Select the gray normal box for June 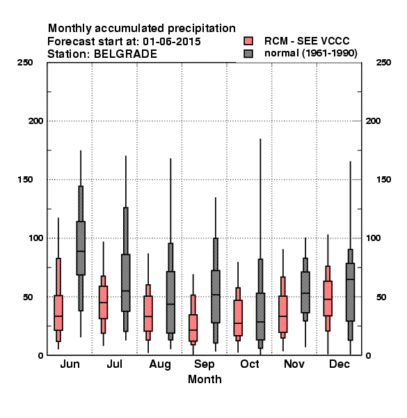click(x=81, y=248)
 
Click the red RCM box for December click(x=328, y=298)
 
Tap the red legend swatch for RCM click(x=248, y=41)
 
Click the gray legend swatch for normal click(x=248, y=54)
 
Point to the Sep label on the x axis click(x=204, y=364)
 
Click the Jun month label click(x=70, y=364)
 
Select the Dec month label click(x=340, y=364)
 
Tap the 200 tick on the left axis click(x=36, y=121)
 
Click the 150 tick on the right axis click(x=383, y=180)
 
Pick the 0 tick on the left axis click(x=41, y=355)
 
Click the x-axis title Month click(x=205, y=380)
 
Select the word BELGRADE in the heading click(x=125, y=54)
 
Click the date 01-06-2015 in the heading click(x=172, y=42)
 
